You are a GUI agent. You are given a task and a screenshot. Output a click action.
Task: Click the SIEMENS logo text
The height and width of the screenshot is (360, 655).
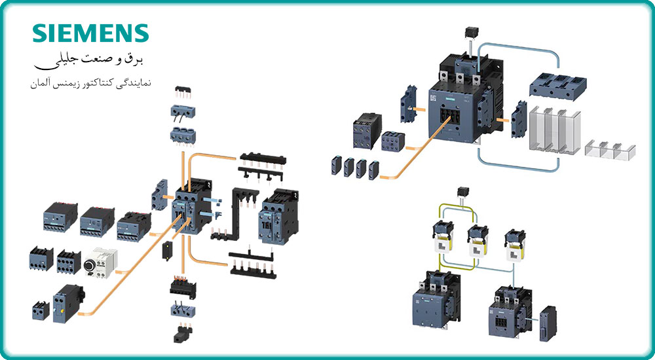(x=91, y=34)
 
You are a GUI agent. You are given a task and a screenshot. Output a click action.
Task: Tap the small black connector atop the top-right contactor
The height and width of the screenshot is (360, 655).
(x=469, y=32)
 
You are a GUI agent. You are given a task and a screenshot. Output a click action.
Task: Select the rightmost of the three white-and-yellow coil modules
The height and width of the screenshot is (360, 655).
(x=514, y=243)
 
